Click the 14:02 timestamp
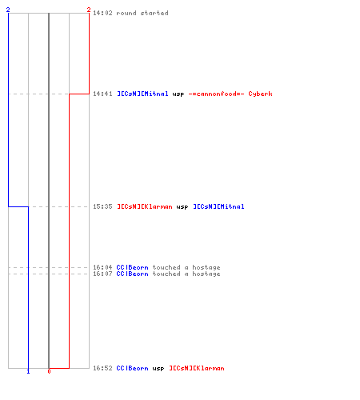[102, 13]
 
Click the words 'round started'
[142, 13]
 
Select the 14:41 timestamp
[102, 94]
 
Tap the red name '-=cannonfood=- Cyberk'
[230, 94]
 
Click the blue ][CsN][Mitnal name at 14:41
[142, 94]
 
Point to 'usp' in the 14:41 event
[178, 94]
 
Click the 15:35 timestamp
[102, 206]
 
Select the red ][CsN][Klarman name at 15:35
[145, 206]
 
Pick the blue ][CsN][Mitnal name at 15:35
[218, 206]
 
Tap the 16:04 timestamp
[102, 267]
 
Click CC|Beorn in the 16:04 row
[132, 267]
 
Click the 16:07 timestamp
[102, 274]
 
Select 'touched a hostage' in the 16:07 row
[186, 274]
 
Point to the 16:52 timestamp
[102, 368]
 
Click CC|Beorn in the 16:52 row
[132, 368]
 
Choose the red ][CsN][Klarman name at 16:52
[197, 368]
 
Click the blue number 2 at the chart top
[8, 10]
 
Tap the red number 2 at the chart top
[89, 10]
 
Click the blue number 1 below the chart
[28, 371]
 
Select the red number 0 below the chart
[49, 371]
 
